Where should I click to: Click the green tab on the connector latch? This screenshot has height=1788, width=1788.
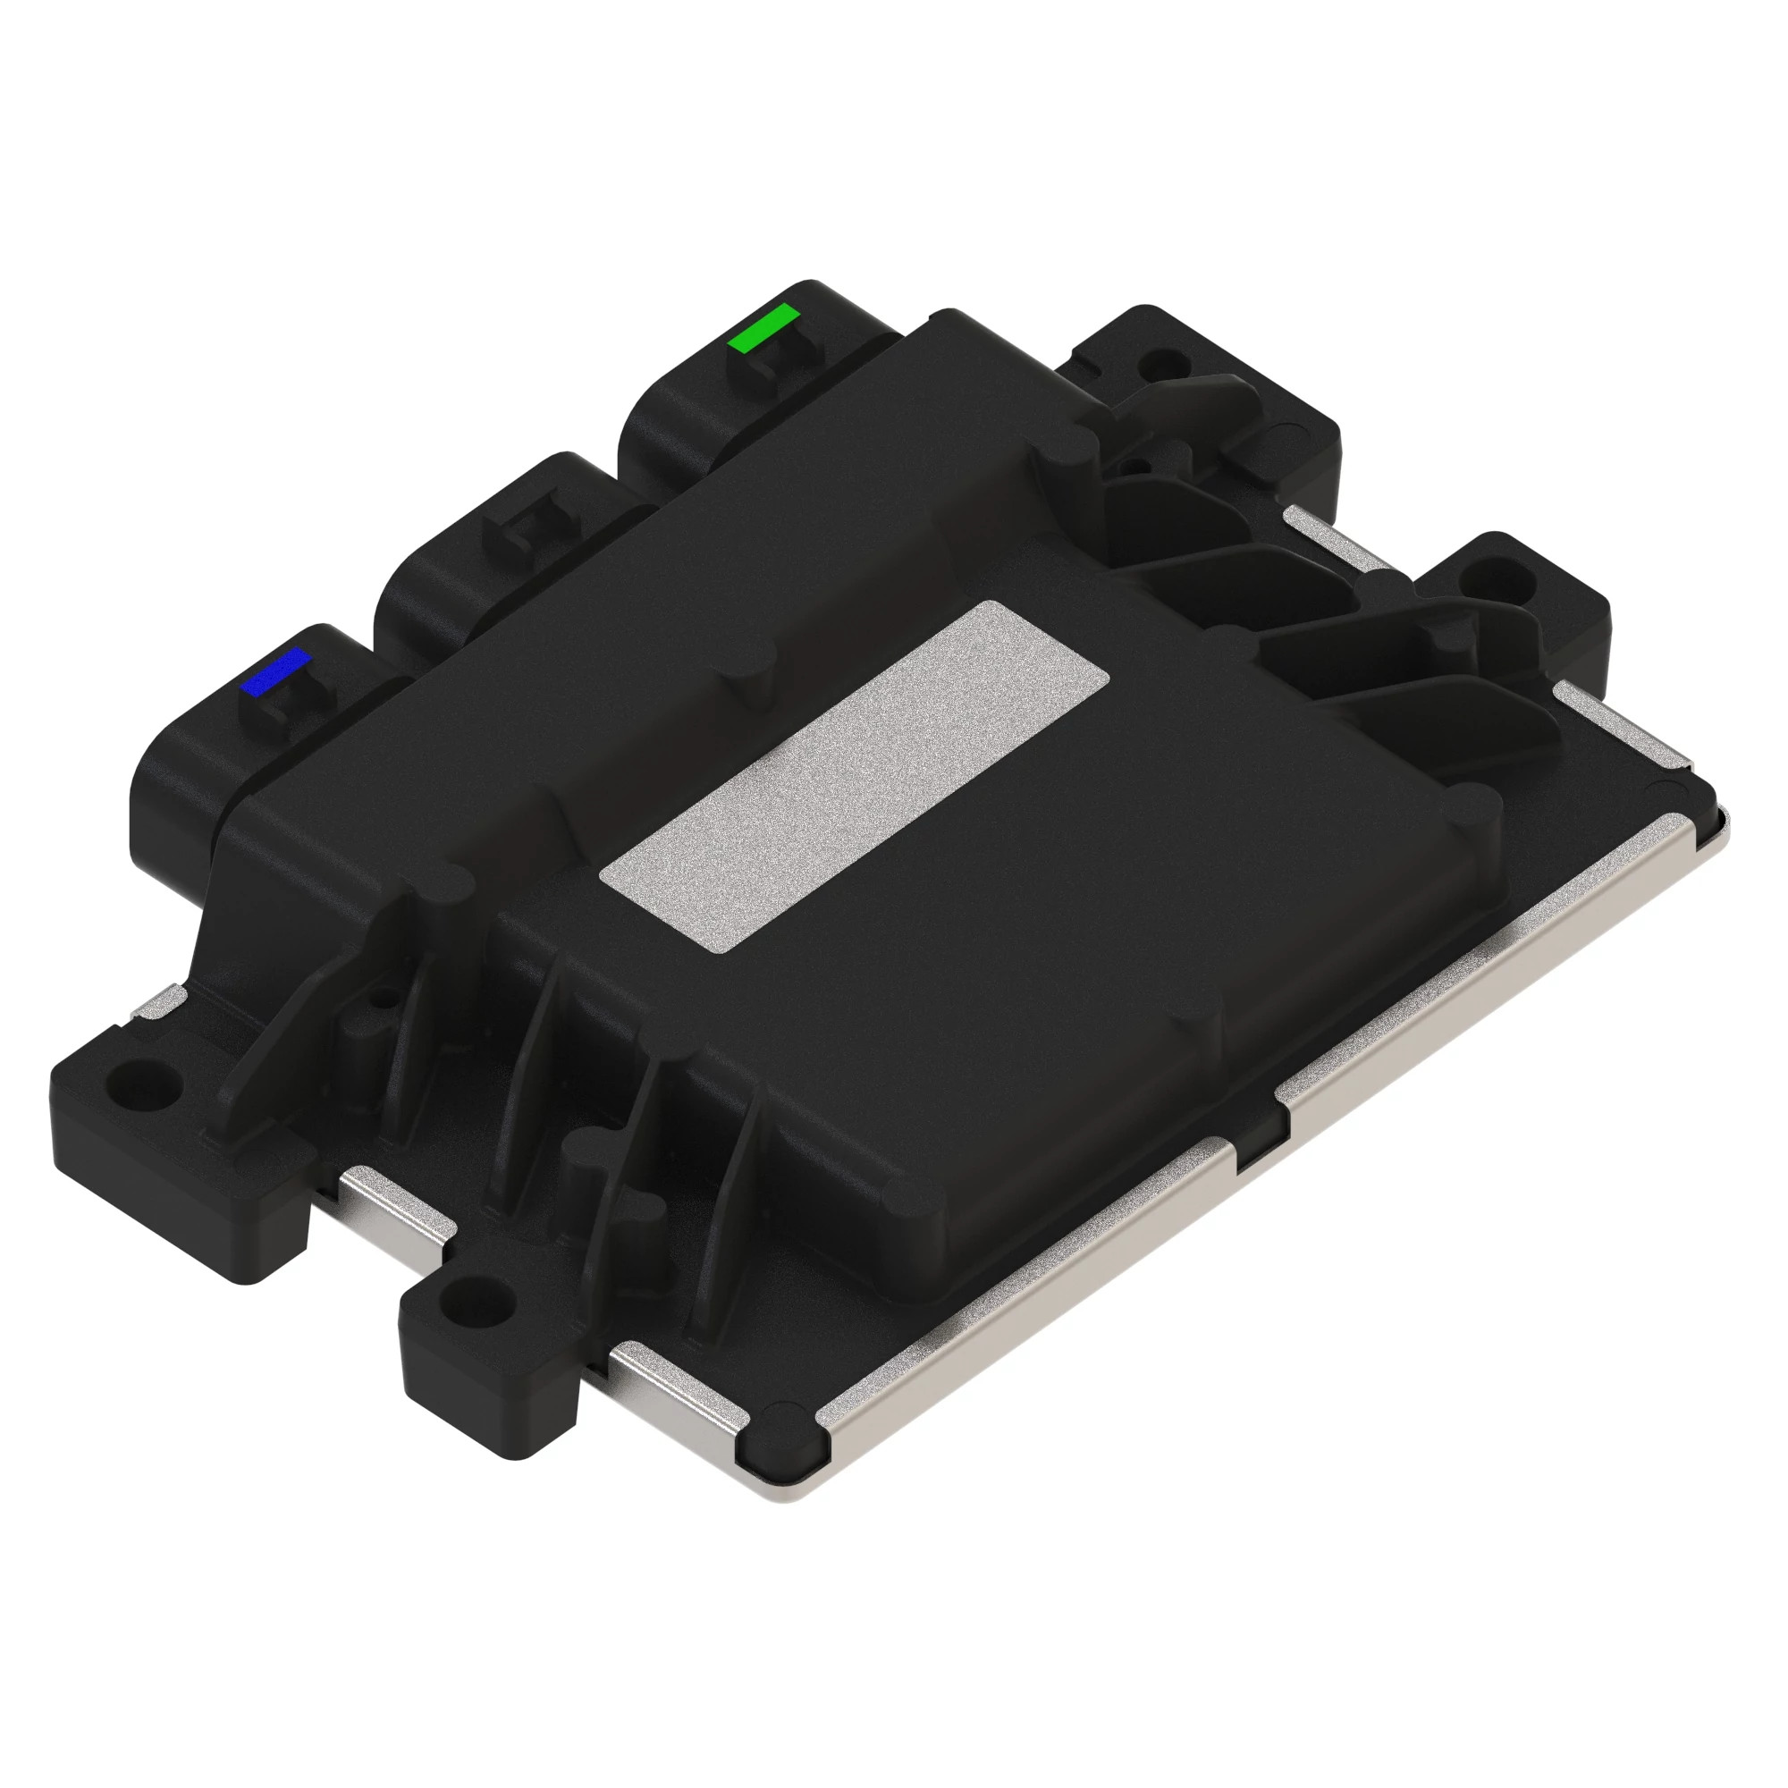[x=763, y=328]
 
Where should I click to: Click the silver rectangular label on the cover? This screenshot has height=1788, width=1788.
[x=856, y=775]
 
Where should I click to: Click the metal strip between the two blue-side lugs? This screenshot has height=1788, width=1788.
[x=393, y=1205]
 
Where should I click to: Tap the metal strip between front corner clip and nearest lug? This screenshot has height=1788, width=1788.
[x=676, y=1382]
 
